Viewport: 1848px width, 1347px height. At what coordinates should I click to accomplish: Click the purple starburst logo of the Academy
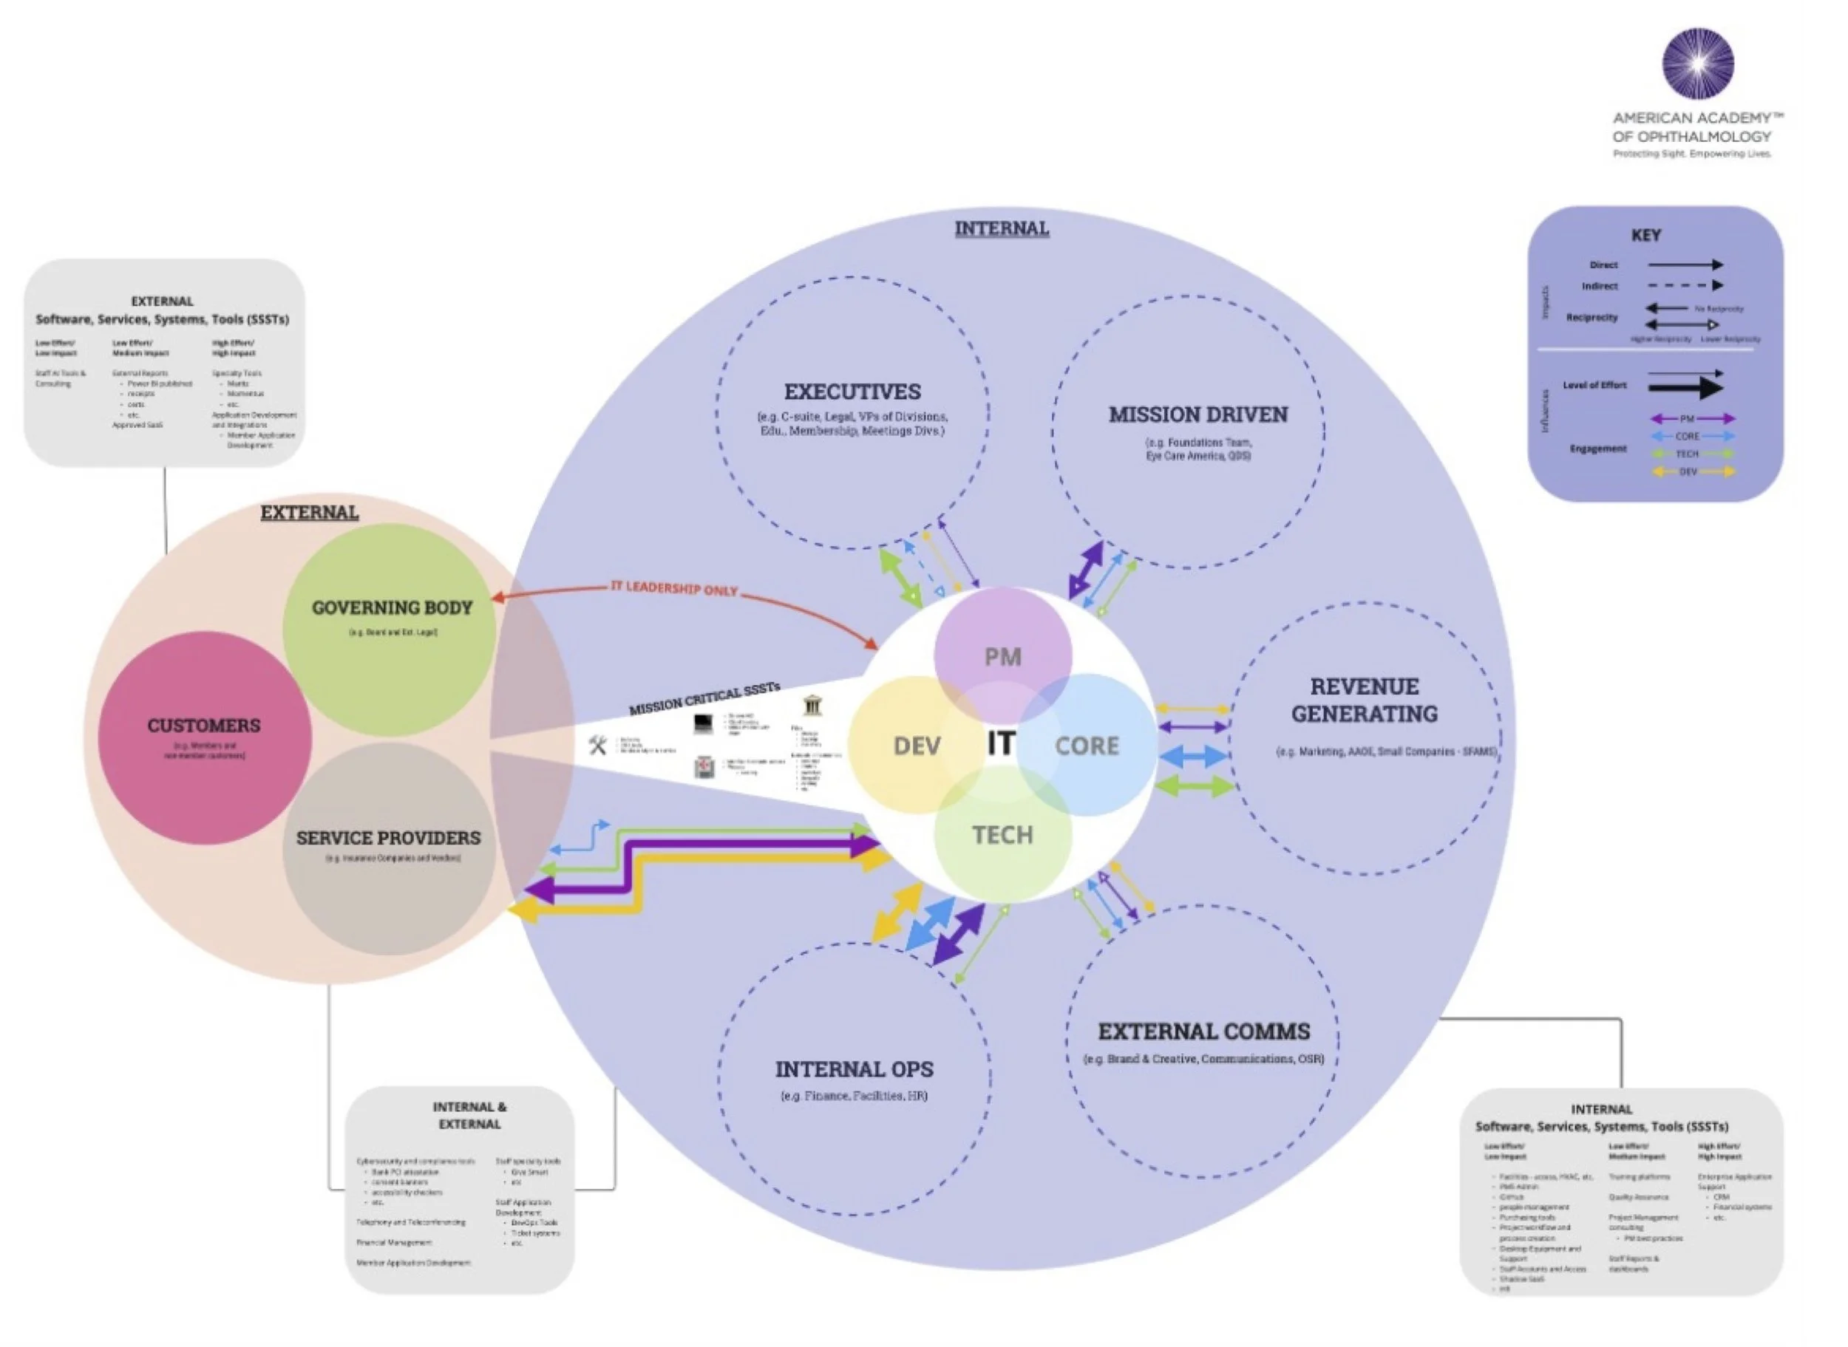click(x=1698, y=64)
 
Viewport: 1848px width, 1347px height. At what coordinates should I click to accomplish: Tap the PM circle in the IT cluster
click(x=1002, y=656)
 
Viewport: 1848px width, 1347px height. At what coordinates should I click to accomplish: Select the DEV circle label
click(x=917, y=746)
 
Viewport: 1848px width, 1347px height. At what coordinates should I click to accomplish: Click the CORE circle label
click(x=1087, y=746)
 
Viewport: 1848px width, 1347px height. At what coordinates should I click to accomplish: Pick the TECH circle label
click(x=1002, y=834)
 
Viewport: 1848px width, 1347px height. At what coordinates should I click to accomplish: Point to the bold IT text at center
click(x=1002, y=743)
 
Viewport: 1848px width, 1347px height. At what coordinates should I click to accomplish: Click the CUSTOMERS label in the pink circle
click(x=204, y=725)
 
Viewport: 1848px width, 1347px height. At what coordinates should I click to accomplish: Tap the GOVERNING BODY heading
click(x=392, y=607)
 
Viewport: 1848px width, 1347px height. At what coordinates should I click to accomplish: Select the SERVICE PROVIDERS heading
click(x=388, y=837)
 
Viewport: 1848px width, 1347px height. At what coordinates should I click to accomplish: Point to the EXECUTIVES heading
click(x=852, y=392)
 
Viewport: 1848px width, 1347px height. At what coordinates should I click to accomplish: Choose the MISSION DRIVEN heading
click(x=1198, y=415)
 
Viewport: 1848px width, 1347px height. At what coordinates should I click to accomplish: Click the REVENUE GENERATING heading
click(x=1365, y=700)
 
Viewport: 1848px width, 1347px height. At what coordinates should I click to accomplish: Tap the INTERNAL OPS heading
click(x=854, y=1068)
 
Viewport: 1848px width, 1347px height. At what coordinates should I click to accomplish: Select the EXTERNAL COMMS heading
click(x=1203, y=1031)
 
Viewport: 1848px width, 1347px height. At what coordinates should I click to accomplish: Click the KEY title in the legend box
click(x=1645, y=235)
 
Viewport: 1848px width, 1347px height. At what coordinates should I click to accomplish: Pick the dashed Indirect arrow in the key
click(x=1685, y=285)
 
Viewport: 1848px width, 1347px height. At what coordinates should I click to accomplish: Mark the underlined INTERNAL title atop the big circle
click(x=1002, y=228)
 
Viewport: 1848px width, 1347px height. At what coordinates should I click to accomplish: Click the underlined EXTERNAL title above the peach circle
click(x=309, y=512)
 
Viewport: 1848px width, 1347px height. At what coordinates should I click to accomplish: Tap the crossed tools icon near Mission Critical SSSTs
click(x=598, y=745)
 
